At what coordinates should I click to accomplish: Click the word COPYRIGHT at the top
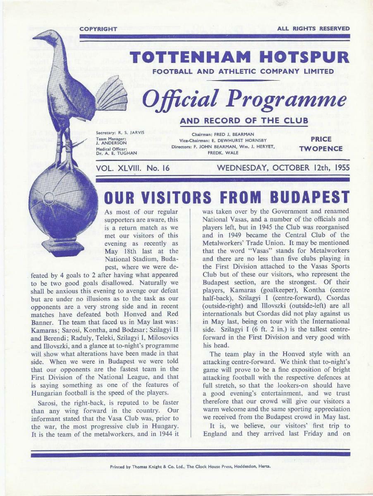tap(98, 29)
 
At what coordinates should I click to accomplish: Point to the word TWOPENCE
tap(321, 148)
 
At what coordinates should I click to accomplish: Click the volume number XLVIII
tap(134, 168)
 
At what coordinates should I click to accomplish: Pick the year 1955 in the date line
tap(338, 168)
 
